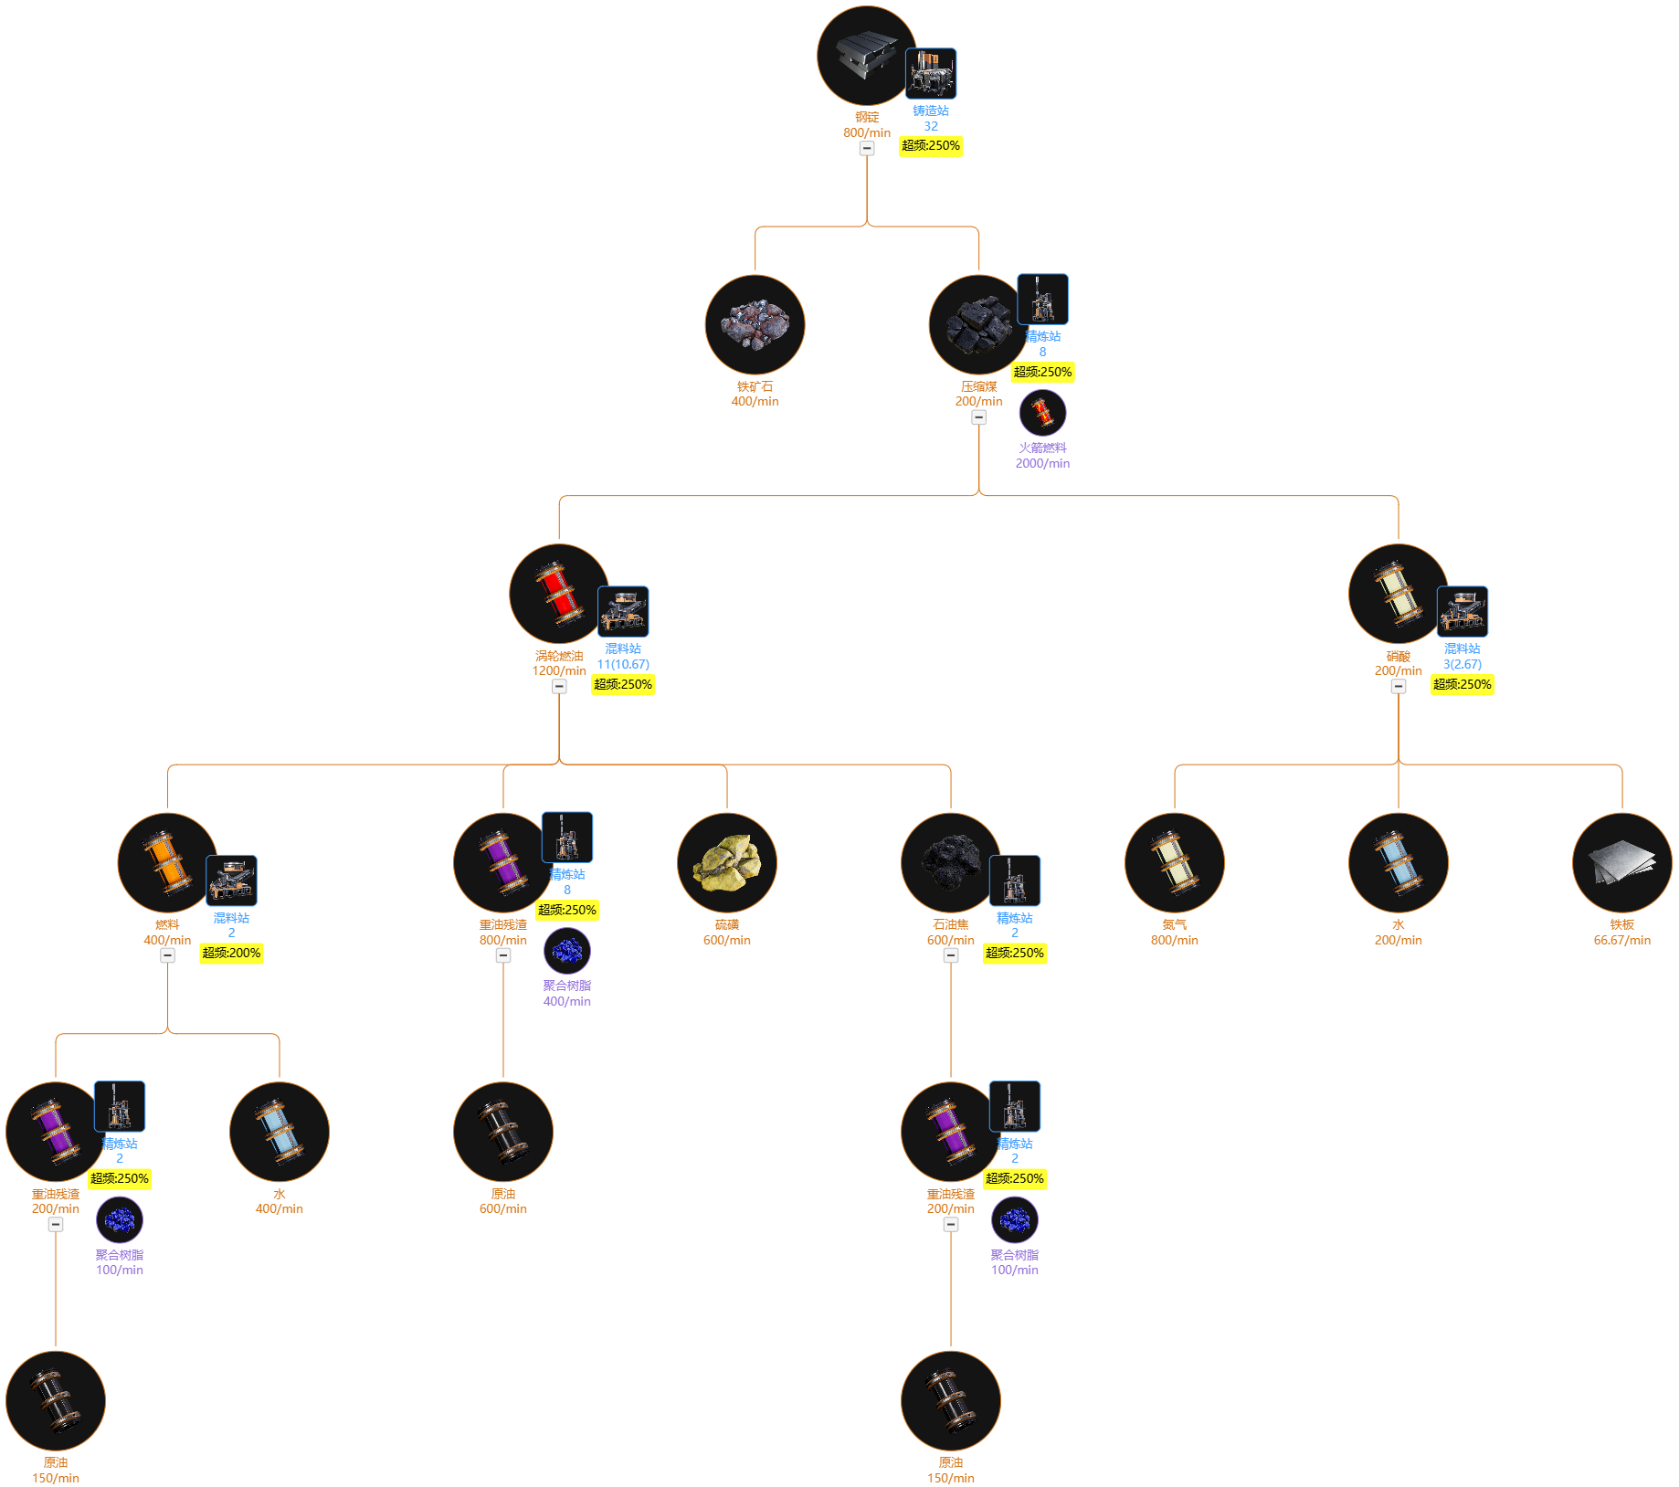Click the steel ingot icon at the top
[866, 56]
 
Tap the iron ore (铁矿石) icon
[755, 325]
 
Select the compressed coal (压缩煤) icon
[978, 325]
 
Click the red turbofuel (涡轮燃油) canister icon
[559, 594]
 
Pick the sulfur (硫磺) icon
[727, 863]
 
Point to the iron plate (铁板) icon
[1622, 863]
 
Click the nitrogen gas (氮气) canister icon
[1175, 863]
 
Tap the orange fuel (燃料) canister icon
[167, 863]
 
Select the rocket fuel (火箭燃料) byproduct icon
[1042, 413]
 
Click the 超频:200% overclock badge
[231, 953]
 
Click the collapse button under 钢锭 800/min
[867, 148]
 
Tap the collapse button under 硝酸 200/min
[1399, 686]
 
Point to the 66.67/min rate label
[1622, 940]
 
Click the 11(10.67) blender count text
[623, 664]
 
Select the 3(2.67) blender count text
[1463, 664]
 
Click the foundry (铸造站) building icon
[931, 73]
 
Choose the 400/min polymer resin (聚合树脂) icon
[567, 951]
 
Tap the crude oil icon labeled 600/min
[503, 1132]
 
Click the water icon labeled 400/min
[280, 1132]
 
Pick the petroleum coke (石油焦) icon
[951, 863]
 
